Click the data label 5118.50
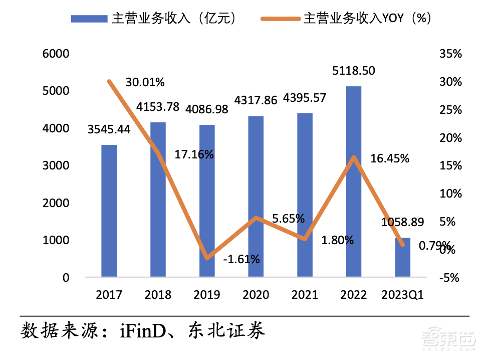[x=354, y=71]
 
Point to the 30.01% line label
[x=145, y=82]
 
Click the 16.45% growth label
[x=390, y=159]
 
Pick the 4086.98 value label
[x=207, y=109]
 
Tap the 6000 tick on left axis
[x=58, y=54]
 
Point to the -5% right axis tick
[x=448, y=277]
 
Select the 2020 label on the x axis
[x=256, y=294]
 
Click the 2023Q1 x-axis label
[x=403, y=294]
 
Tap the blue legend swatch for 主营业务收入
[x=89, y=19]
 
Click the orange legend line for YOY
[x=280, y=19]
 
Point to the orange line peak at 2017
[x=109, y=81]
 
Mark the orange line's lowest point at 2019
[x=207, y=258]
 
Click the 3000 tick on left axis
[x=58, y=165]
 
